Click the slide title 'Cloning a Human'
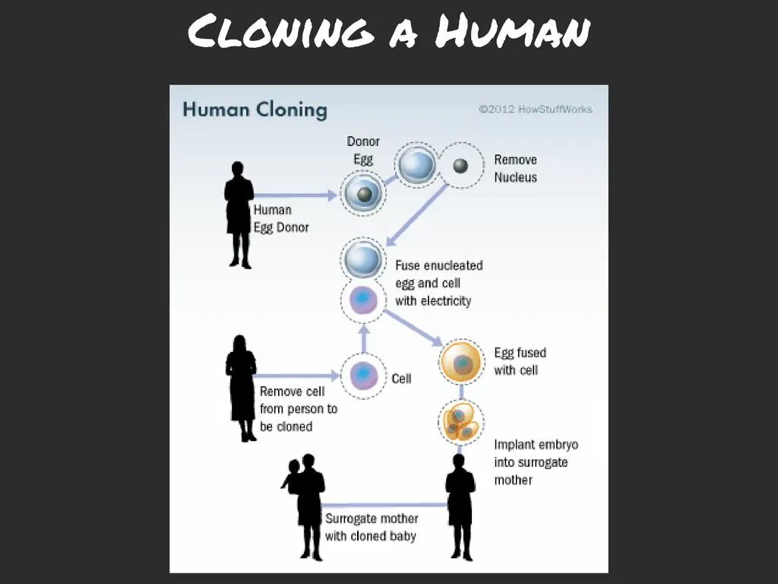[x=388, y=33]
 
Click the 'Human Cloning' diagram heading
[x=255, y=110]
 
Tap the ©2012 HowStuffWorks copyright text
[x=535, y=109]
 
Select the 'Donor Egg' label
[x=363, y=151]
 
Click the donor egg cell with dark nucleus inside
[x=364, y=195]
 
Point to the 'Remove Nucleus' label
[x=515, y=168]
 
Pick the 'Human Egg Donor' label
[x=281, y=218]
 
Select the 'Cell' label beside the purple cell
[x=401, y=378]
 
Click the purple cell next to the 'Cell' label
[x=363, y=376]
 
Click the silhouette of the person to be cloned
[x=241, y=388]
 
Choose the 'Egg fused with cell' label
[x=520, y=361]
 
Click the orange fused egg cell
[x=461, y=363]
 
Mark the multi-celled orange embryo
[x=461, y=423]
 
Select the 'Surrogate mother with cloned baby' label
[x=372, y=526]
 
